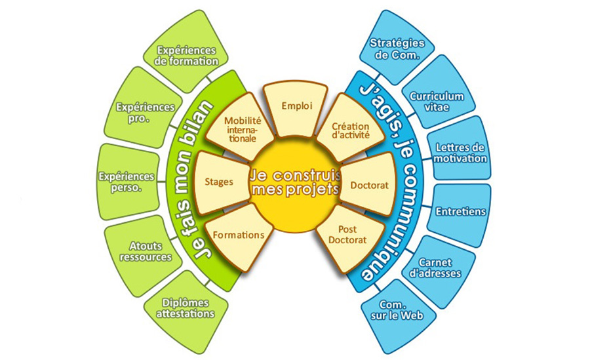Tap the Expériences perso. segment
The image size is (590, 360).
126,182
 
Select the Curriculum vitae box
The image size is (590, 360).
437,101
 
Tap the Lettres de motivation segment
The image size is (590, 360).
461,152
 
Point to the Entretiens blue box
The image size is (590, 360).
460,212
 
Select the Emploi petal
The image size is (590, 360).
296,106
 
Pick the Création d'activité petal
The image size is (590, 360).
351,129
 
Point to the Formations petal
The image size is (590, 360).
238,235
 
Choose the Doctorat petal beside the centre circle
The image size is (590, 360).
369,186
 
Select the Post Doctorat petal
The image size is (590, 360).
347,235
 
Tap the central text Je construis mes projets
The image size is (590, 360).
295,182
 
